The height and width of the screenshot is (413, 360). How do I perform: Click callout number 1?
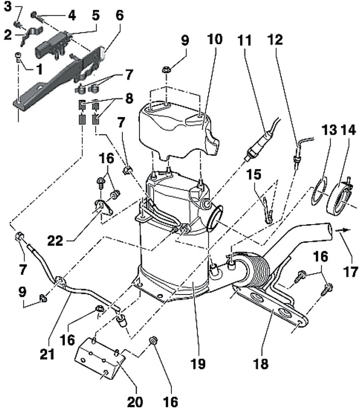tap(39, 69)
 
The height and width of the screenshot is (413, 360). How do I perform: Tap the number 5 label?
tap(96, 15)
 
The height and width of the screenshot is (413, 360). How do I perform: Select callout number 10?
tap(215, 39)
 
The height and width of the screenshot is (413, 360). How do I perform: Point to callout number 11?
tap(245, 40)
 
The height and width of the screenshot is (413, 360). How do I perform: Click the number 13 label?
tap(329, 130)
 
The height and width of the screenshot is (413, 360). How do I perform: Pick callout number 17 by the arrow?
tap(351, 272)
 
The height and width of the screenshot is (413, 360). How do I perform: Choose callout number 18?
tap(261, 364)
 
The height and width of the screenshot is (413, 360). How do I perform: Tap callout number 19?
tap(197, 364)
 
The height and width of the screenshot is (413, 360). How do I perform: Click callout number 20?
tap(135, 402)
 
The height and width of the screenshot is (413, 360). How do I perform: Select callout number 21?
tap(47, 354)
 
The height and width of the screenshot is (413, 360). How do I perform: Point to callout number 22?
tap(55, 241)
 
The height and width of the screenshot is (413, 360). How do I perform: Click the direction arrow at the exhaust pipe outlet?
tap(343, 230)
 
